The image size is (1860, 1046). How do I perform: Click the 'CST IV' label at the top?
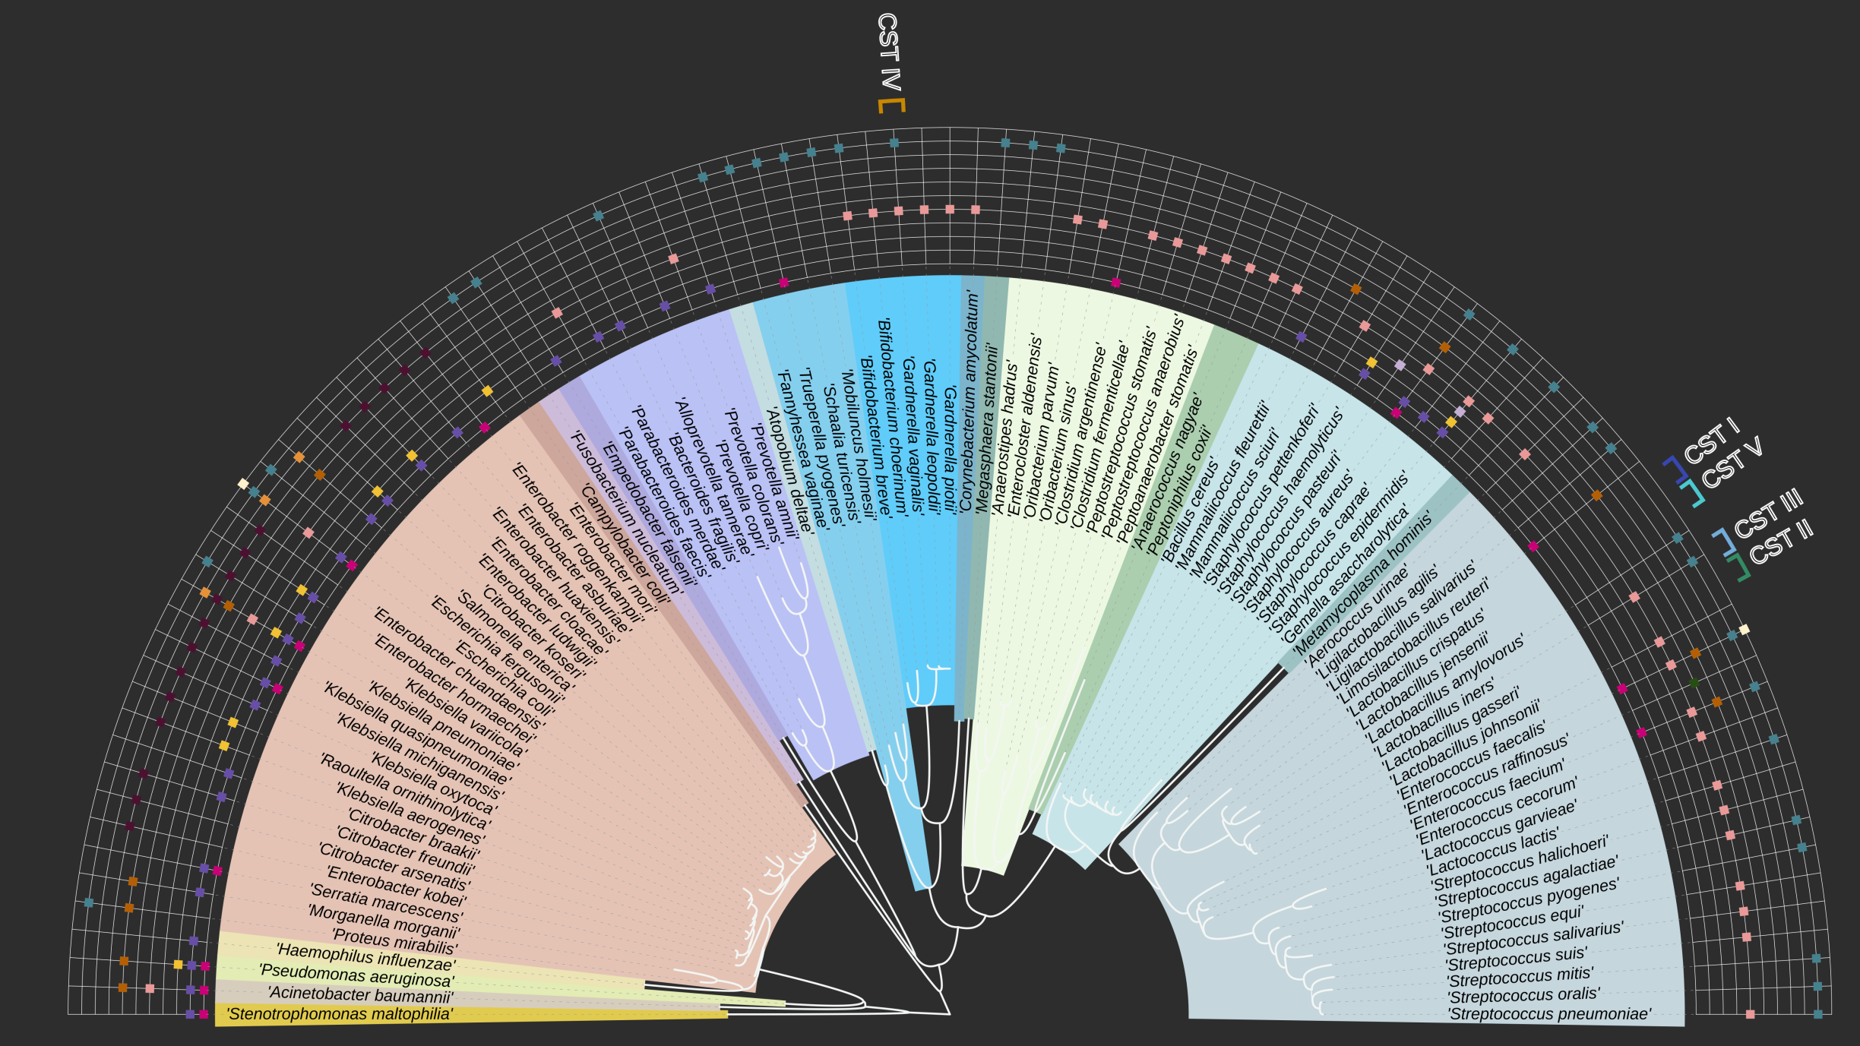click(x=888, y=52)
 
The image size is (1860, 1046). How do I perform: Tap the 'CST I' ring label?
click(x=1711, y=441)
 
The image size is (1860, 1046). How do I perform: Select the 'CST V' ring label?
click(x=1732, y=463)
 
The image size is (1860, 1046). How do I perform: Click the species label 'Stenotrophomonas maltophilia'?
click(x=340, y=1014)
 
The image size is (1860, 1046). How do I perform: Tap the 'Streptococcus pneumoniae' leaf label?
click(x=1549, y=1014)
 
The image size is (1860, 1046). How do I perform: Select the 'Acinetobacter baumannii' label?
click(x=360, y=994)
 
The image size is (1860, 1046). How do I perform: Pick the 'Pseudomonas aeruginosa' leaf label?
click(x=356, y=975)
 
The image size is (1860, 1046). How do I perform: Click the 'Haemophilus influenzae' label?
click(x=365, y=956)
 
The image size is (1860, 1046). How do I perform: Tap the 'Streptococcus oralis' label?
click(x=1523, y=995)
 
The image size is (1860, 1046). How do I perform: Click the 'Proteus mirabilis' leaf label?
click(x=394, y=942)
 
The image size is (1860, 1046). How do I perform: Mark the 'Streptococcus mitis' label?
click(x=1520, y=976)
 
